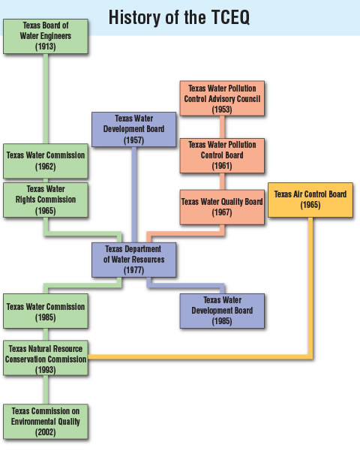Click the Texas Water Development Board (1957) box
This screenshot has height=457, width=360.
(x=135, y=129)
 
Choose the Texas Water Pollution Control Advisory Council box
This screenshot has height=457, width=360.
(x=222, y=98)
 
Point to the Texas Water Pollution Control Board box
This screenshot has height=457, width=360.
(x=222, y=154)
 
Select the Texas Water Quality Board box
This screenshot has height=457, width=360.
(x=222, y=206)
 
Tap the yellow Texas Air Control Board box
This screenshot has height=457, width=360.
(x=310, y=199)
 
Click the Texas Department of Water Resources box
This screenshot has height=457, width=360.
(x=135, y=260)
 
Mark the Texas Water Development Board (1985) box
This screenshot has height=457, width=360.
(x=222, y=311)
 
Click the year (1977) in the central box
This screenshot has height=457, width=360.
(x=135, y=270)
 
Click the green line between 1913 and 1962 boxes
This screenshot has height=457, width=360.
(x=46, y=98)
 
